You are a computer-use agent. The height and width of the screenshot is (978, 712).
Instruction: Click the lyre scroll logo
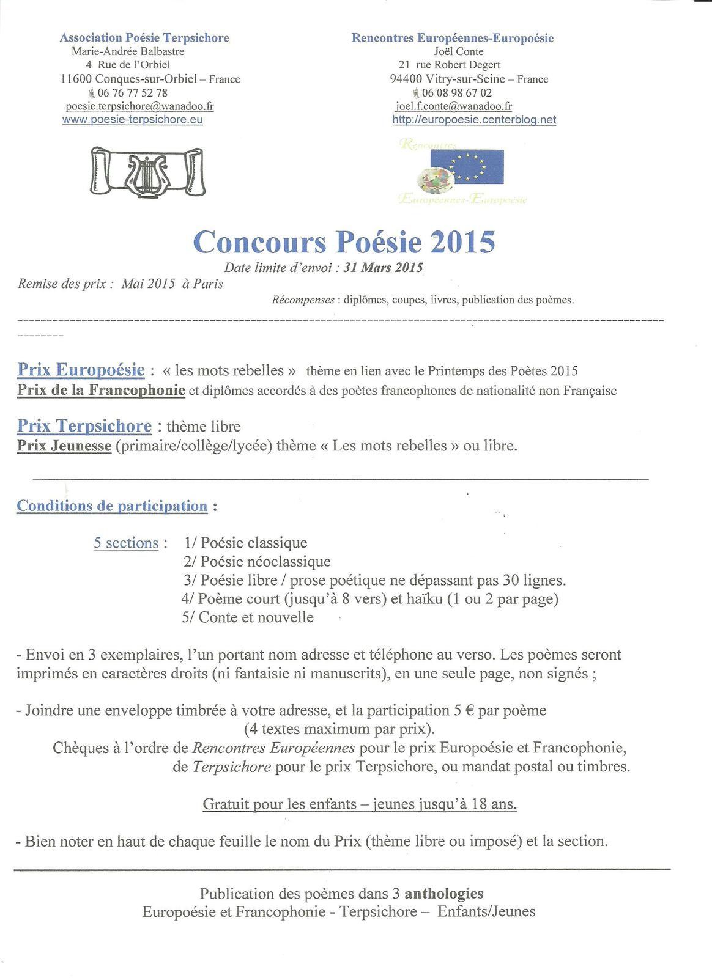click(x=147, y=171)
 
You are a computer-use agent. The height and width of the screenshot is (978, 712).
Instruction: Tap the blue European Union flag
click(x=467, y=166)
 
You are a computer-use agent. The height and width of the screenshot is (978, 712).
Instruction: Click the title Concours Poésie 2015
click(x=344, y=242)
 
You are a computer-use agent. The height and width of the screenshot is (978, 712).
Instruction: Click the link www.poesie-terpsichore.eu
click(x=132, y=120)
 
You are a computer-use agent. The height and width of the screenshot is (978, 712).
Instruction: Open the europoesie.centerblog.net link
click(x=474, y=120)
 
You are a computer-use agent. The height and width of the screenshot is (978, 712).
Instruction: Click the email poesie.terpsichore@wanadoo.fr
click(x=139, y=106)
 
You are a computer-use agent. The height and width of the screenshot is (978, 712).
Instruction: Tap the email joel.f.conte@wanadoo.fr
click(x=454, y=106)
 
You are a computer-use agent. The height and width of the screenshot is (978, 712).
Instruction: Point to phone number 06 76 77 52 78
click(x=132, y=93)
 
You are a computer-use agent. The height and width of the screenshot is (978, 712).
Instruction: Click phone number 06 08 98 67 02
click(x=456, y=93)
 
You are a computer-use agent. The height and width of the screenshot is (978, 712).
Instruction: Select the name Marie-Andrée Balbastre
click(x=128, y=51)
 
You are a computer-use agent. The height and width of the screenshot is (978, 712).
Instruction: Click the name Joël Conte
click(x=454, y=51)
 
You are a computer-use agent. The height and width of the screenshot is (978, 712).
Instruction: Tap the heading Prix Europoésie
click(x=81, y=370)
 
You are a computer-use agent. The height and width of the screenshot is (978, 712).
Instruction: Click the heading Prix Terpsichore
click(x=84, y=426)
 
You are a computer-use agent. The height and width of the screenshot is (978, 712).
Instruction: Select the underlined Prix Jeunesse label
click(x=64, y=446)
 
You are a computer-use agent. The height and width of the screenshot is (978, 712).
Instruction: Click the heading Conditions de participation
click(x=112, y=506)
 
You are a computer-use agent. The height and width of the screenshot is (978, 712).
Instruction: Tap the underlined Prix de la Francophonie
click(x=101, y=390)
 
